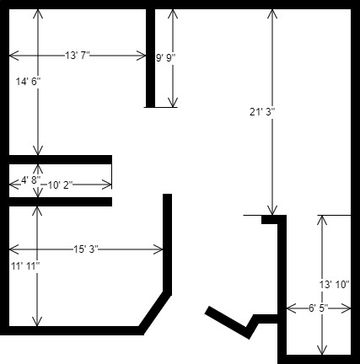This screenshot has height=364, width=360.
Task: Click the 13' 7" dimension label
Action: (x=78, y=56)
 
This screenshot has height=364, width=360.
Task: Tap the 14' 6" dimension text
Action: (x=28, y=82)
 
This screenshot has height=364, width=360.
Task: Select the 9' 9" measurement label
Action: (x=166, y=58)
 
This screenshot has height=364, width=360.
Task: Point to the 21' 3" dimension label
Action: (x=262, y=112)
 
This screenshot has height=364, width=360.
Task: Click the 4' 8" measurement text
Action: (x=31, y=180)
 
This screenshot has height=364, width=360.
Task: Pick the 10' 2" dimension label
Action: (x=60, y=185)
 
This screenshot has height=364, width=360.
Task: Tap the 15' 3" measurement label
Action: (x=86, y=249)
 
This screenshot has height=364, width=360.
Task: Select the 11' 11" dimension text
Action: (x=25, y=265)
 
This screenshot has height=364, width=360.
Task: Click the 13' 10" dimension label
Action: (x=334, y=285)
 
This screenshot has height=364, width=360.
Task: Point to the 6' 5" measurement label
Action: (x=319, y=308)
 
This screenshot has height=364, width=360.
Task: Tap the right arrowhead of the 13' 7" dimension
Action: (x=142, y=56)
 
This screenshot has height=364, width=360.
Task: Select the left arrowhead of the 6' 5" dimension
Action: (x=290, y=308)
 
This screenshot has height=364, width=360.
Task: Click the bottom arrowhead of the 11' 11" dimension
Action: (x=37, y=323)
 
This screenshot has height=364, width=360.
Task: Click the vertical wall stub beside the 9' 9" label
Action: (x=150, y=58)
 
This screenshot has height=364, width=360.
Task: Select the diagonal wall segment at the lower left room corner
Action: (x=155, y=313)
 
